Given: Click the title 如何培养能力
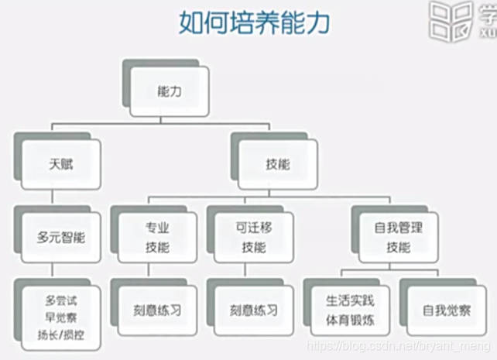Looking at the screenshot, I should [255, 22].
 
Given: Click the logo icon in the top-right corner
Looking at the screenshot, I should [453, 22].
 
